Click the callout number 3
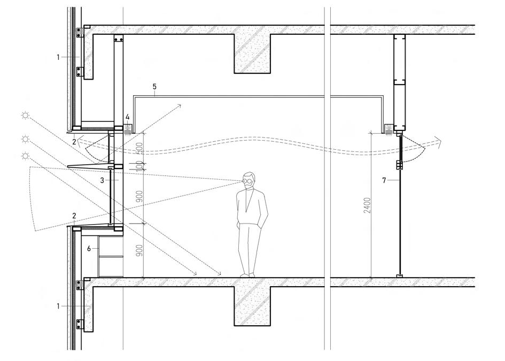102,180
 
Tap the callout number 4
127,116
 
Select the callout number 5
154,86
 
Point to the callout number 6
89,249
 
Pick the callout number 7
384,181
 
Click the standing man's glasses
247,180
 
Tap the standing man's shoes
248,274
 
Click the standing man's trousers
248,246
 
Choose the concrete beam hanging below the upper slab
252,53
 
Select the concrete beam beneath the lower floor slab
252,306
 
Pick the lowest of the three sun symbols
24,155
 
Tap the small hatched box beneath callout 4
127,128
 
